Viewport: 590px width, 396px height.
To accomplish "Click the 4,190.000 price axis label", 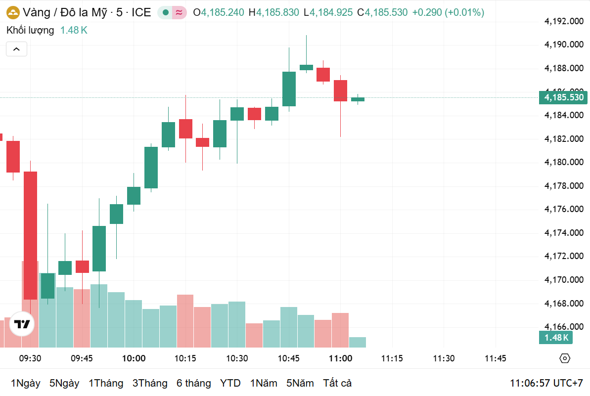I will [563, 44].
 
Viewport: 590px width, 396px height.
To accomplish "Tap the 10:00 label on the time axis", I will [134, 358].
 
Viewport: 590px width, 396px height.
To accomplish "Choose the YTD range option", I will [230, 383].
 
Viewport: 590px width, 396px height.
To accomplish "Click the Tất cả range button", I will [337, 383].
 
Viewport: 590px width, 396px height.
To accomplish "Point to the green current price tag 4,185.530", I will [563, 97].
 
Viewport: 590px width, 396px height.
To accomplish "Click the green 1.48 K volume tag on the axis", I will [556, 338].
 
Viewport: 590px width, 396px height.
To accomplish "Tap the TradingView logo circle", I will [22, 324].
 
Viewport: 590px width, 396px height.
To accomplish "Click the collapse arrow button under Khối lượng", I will [16, 49].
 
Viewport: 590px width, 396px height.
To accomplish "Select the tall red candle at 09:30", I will [31, 235].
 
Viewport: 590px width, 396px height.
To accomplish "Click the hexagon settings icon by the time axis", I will [565, 358].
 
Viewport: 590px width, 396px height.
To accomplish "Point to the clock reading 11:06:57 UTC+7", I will [546, 383].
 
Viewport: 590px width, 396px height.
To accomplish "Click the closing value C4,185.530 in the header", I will [382, 12].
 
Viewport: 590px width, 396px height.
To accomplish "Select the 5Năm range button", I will [300, 383].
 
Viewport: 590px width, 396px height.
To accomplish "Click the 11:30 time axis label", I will [444, 358].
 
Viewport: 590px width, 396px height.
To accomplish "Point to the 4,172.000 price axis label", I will [563, 256].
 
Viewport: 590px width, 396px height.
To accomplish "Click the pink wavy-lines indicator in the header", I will [179, 12].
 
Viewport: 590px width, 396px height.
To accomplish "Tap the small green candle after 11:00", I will [358, 99].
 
